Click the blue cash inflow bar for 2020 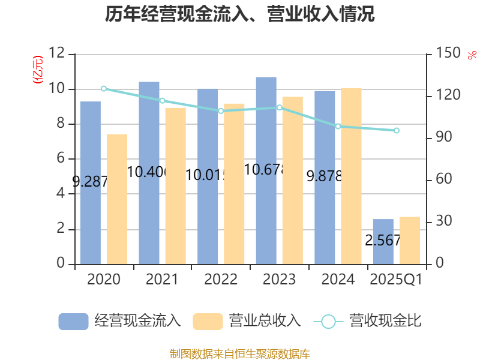click(x=90, y=183)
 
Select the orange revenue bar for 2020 click(x=117, y=199)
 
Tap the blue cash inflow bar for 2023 click(x=266, y=170)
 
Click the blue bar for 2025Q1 click(x=383, y=241)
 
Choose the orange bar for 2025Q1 click(x=410, y=240)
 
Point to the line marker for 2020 click(x=104, y=89)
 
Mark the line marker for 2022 click(x=221, y=110)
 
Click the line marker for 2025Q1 click(x=396, y=130)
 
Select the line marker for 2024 click(x=338, y=126)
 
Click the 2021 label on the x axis click(x=162, y=280)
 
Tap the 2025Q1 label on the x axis click(x=396, y=280)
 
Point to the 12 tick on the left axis click(x=58, y=54)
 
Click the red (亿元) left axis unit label click(x=38, y=70)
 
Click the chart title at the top click(x=240, y=14)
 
